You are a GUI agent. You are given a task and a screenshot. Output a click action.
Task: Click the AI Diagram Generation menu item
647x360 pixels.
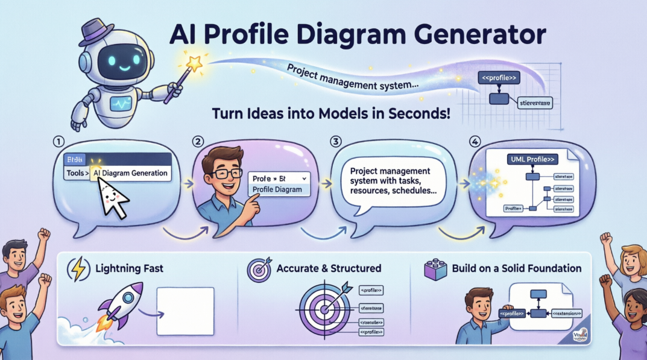(x=131, y=173)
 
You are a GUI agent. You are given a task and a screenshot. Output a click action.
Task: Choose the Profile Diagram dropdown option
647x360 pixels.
(x=277, y=190)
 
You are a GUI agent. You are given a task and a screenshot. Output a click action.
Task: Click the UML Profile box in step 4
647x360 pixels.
(x=531, y=159)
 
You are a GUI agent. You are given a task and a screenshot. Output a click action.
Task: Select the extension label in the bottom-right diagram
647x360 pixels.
(x=566, y=313)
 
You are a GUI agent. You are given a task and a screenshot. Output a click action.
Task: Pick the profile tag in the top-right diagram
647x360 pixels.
(x=496, y=77)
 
